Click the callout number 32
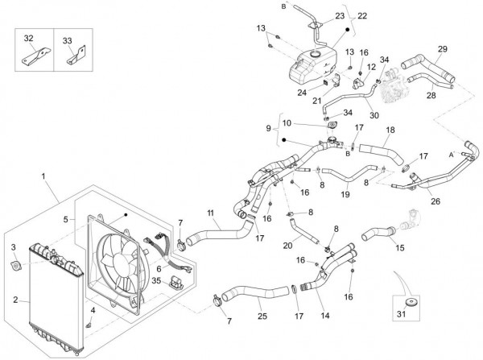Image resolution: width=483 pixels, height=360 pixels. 28,39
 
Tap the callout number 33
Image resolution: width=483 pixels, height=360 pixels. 67,39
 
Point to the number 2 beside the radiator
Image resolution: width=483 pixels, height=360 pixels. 15,299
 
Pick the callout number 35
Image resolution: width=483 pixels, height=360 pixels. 157,281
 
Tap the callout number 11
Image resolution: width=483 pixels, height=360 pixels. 211,213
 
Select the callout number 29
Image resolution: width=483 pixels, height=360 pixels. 442,50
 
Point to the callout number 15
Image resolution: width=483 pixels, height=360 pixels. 399,246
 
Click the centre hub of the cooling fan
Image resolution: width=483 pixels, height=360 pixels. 118,258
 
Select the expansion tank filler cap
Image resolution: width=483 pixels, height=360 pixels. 317,53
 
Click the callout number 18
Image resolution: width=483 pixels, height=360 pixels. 390,130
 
